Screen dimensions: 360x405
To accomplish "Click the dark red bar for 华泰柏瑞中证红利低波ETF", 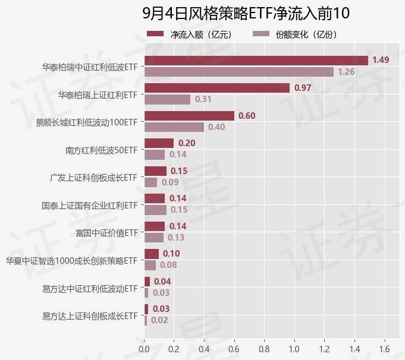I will (256, 60).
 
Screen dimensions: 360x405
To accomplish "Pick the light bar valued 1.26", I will (238, 72).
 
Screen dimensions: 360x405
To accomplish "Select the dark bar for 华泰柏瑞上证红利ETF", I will (216, 88).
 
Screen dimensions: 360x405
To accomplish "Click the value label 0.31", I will (203, 99).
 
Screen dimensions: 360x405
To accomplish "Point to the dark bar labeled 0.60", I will (189, 115).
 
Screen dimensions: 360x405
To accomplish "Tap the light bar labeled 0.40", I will (174, 127).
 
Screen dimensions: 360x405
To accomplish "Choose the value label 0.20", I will (187, 143).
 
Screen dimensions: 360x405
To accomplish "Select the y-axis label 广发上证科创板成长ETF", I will (93, 177).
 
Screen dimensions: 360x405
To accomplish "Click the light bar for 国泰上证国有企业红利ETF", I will (155, 210).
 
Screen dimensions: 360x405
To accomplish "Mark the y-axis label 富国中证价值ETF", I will (106, 232).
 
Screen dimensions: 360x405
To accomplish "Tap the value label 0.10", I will (171, 254).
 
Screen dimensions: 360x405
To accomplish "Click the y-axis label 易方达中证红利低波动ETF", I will (90, 289).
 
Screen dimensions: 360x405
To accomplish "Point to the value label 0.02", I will (159, 320).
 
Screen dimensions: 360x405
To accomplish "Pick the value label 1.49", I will (381, 60).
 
